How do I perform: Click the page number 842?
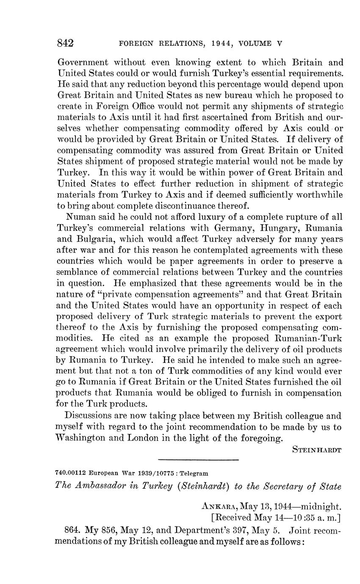click(x=66, y=43)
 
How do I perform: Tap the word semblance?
click(x=77, y=272)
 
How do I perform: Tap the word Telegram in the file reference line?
click(x=194, y=473)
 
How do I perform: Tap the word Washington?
click(x=81, y=438)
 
